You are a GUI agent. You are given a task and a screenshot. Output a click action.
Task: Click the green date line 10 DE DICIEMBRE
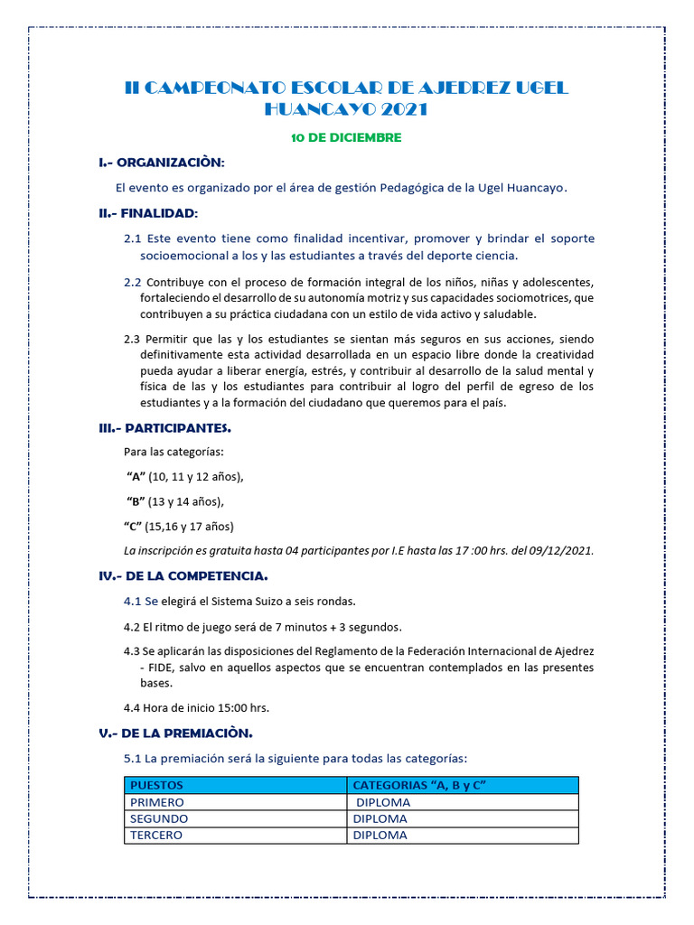point(346,138)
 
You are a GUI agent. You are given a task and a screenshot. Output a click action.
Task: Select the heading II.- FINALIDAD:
point(148,213)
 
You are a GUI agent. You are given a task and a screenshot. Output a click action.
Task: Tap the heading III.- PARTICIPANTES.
point(164,427)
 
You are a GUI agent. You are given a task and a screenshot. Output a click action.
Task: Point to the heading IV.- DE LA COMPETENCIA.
point(183,575)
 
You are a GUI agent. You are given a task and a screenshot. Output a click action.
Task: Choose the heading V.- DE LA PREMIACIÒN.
point(175,733)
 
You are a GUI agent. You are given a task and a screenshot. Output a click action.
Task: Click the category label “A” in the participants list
point(136,477)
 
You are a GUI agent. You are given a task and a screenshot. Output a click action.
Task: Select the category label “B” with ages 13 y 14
point(136,501)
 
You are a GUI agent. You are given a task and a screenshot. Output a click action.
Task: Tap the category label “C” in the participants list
point(133,526)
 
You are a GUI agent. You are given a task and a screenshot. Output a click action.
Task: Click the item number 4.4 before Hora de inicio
point(132,707)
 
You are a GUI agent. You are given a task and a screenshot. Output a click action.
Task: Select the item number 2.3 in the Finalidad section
point(132,339)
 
